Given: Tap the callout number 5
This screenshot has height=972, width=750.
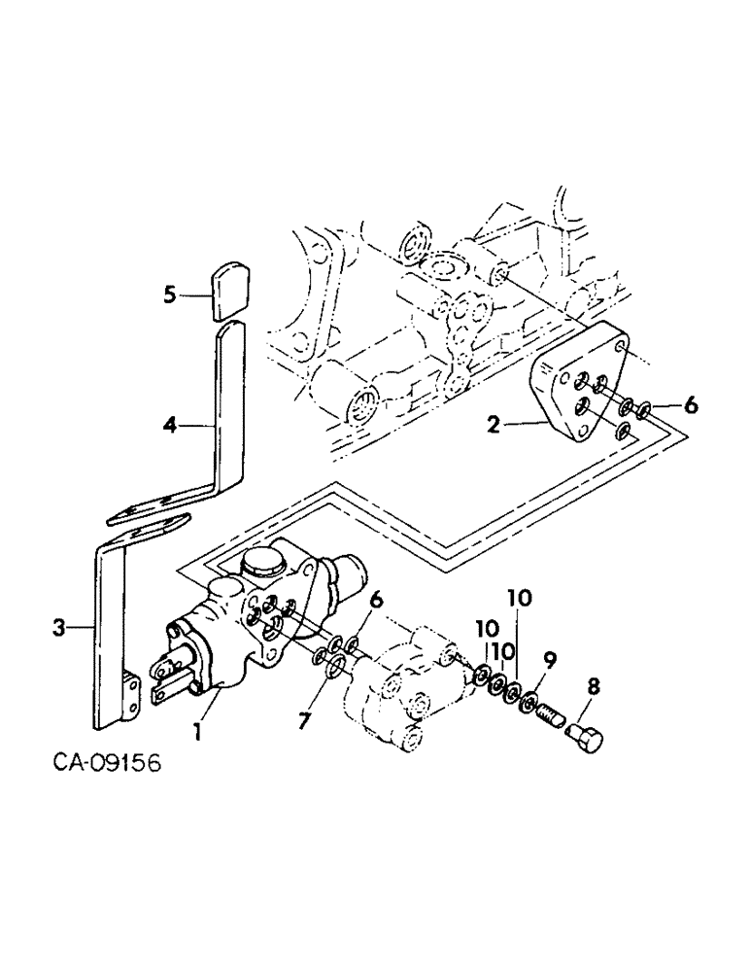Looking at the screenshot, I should click(x=169, y=293).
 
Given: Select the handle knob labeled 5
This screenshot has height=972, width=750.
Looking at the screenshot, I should click(x=231, y=289).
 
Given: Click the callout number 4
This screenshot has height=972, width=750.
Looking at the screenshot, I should click(x=169, y=423).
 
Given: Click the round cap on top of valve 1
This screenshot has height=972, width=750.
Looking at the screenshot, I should click(x=262, y=564).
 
